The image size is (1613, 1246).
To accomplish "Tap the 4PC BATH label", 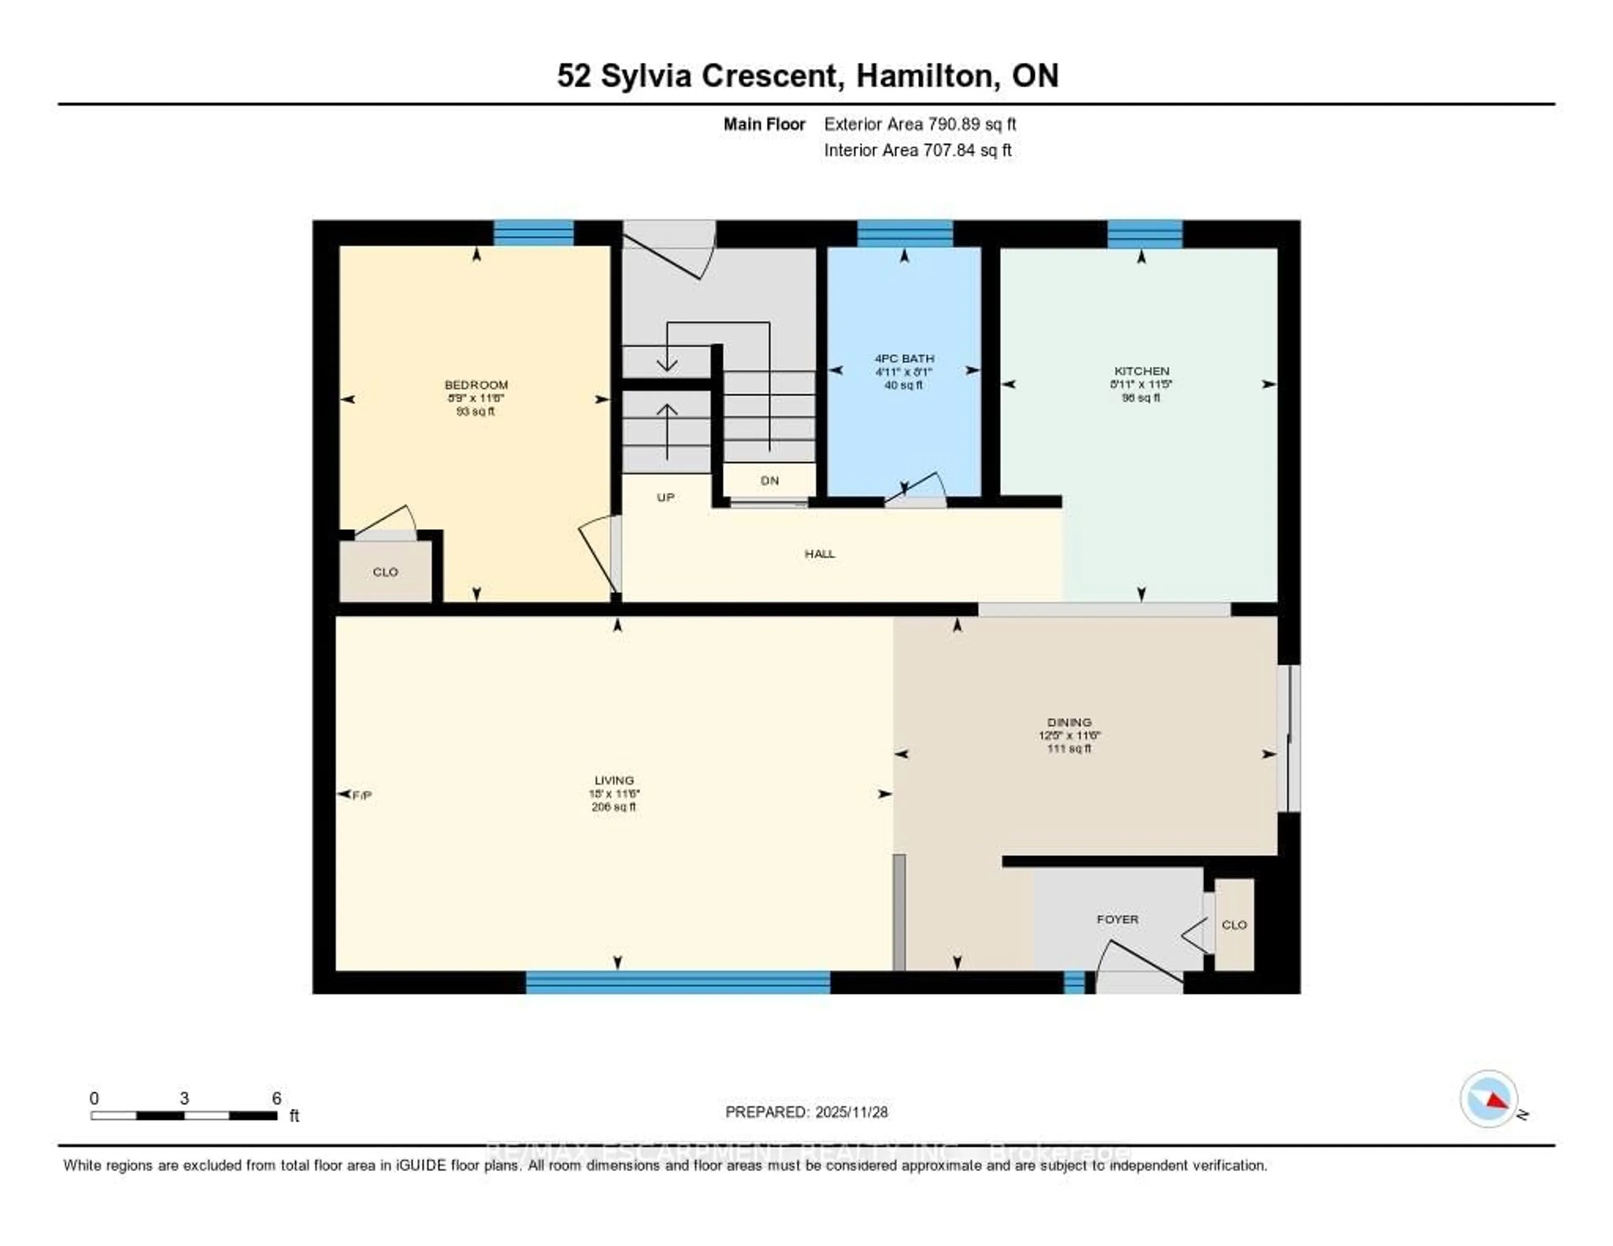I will coord(904,358).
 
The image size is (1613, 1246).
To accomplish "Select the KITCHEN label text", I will coord(1141,371).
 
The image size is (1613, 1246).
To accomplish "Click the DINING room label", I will coord(1069,722).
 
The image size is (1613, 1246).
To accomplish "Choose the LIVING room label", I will coord(614,780).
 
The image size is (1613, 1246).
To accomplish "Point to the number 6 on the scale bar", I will coord(276,1098).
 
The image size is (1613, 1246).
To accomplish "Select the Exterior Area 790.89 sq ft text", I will coord(919,124).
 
